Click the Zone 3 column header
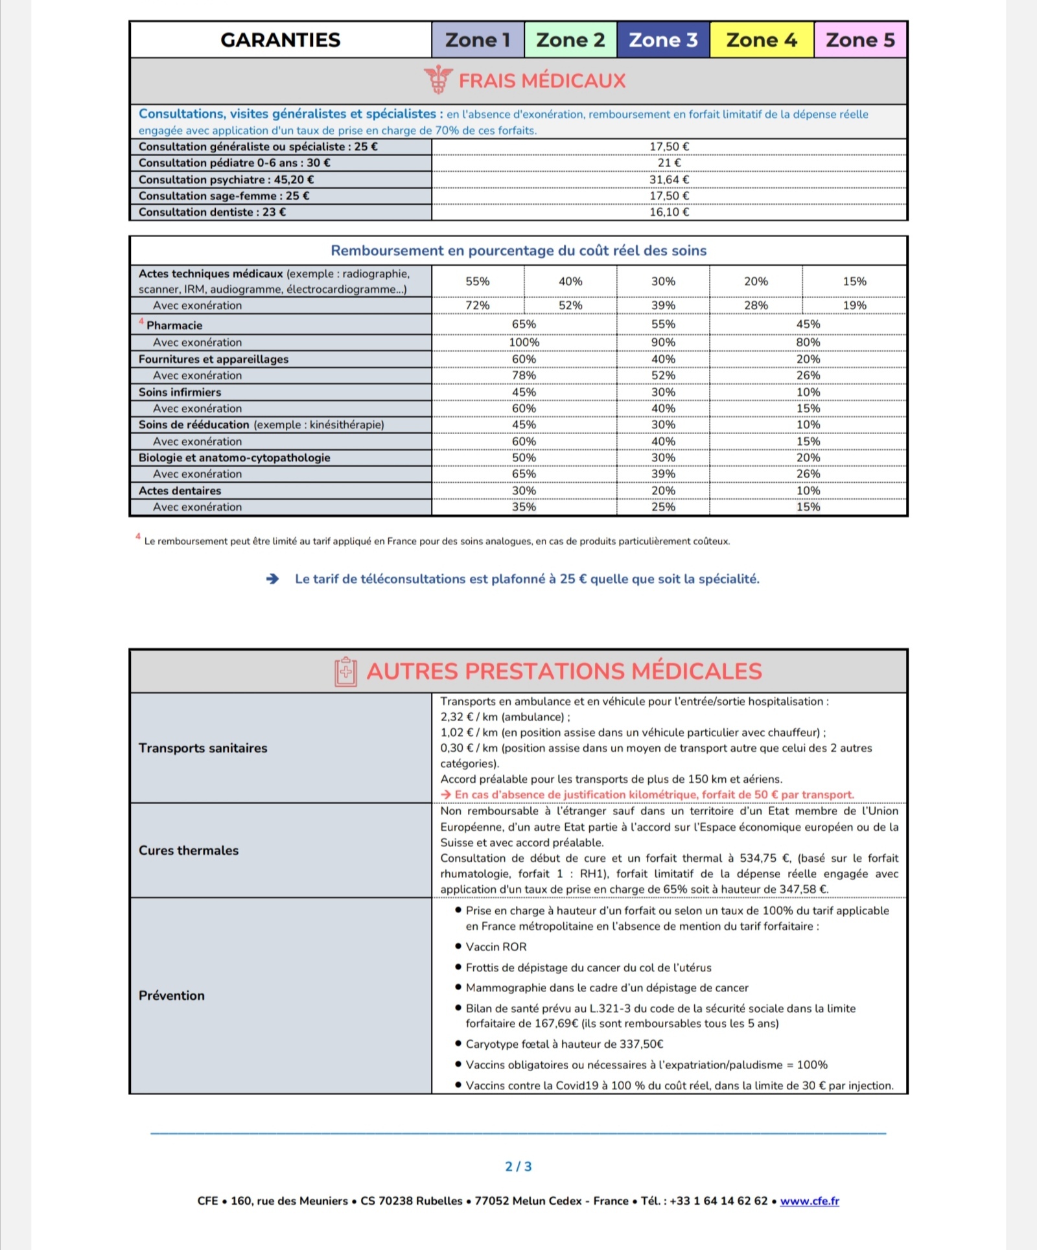pos(663,40)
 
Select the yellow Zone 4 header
pos(762,40)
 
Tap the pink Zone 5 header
pos(860,40)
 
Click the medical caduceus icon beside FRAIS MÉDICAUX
pos(438,80)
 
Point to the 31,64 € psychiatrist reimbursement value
pos(669,179)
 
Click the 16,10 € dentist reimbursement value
pos(669,212)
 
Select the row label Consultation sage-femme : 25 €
pos(224,196)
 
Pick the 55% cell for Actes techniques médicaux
pos(478,281)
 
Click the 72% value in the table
pos(478,305)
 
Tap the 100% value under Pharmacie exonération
pos(524,342)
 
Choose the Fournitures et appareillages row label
pos(213,359)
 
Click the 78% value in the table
pos(524,375)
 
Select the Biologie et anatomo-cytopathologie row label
pos(234,457)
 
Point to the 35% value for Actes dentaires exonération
pos(524,507)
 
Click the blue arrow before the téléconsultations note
pos(273,579)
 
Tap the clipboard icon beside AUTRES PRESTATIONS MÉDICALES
pos(346,671)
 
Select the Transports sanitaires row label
pos(203,748)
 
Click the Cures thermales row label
pos(189,850)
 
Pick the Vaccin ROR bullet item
pos(496,947)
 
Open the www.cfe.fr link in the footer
pos(810,1201)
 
